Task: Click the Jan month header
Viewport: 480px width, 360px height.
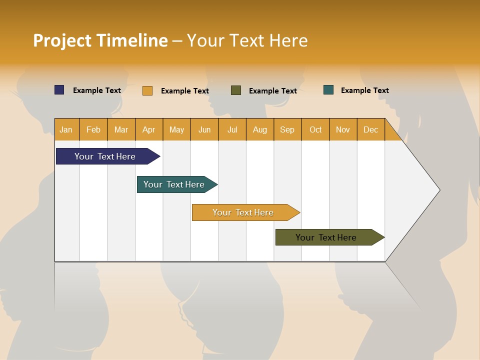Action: [66, 129]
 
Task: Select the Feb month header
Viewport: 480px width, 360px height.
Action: [93, 129]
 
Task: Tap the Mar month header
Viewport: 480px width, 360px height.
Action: [121, 129]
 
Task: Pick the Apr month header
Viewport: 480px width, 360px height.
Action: [149, 129]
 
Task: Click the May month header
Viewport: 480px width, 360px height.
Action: [176, 129]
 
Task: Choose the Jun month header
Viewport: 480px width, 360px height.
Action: [204, 129]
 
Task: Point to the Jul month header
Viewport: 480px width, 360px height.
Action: [232, 129]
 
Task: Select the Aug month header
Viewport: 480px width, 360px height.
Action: [260, 129]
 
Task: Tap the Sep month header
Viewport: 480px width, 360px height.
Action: [287, 129]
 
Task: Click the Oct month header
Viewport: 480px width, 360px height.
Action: [315, 129]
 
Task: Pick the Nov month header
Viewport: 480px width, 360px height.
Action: [343, 129]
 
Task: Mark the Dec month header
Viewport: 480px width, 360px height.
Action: [371, 129]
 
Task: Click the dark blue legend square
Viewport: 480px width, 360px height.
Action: [59, 90]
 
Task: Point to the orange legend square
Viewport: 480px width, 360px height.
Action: [147, 90]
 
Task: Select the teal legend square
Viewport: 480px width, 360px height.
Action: [328, 90]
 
